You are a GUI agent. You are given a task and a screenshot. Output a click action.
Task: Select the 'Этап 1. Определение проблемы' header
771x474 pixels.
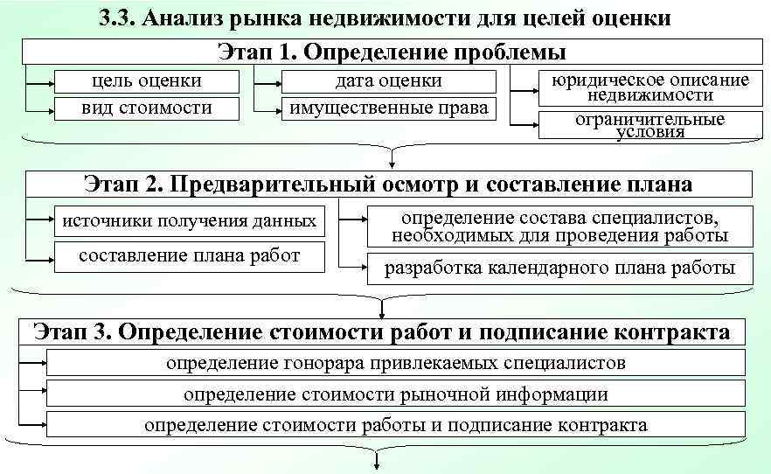coord(385,52)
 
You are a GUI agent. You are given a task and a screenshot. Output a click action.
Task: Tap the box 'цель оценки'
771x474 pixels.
coord(147,81)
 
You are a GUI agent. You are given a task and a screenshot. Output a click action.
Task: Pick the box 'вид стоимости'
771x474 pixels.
coord(147,108)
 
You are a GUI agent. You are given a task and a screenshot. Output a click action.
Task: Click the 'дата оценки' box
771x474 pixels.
coord(388,81)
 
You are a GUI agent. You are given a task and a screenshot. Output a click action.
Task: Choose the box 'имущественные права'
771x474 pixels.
coord(388,108)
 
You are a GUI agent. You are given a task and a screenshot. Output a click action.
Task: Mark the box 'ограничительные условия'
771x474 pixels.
coord(649,125)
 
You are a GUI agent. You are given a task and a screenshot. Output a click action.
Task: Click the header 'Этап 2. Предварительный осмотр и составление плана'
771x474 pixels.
coord(388,184)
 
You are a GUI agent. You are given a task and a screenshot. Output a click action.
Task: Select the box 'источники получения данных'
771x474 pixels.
coord(189,220)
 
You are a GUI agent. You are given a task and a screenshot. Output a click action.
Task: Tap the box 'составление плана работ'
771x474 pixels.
coord(189,256)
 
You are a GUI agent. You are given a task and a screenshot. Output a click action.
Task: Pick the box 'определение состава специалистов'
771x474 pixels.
coord(559,227)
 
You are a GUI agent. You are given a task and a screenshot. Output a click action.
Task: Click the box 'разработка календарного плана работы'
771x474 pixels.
coord(559,268)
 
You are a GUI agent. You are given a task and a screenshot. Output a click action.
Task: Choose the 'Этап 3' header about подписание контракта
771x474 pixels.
coord(381,331)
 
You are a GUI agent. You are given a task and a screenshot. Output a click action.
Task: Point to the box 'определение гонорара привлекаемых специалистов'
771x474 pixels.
coord(395,363)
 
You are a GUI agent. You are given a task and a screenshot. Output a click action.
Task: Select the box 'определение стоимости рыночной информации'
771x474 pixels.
coord(395,394)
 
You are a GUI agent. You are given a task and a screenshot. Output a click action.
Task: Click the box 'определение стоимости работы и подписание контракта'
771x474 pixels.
coord(395,425)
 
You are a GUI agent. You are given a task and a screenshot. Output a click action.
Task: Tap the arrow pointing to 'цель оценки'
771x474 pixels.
coord(40,82)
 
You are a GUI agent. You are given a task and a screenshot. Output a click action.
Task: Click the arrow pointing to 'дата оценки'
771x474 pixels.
coord(267,82)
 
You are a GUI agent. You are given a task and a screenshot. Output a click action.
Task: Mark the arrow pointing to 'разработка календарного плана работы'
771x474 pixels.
coord(353,263)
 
